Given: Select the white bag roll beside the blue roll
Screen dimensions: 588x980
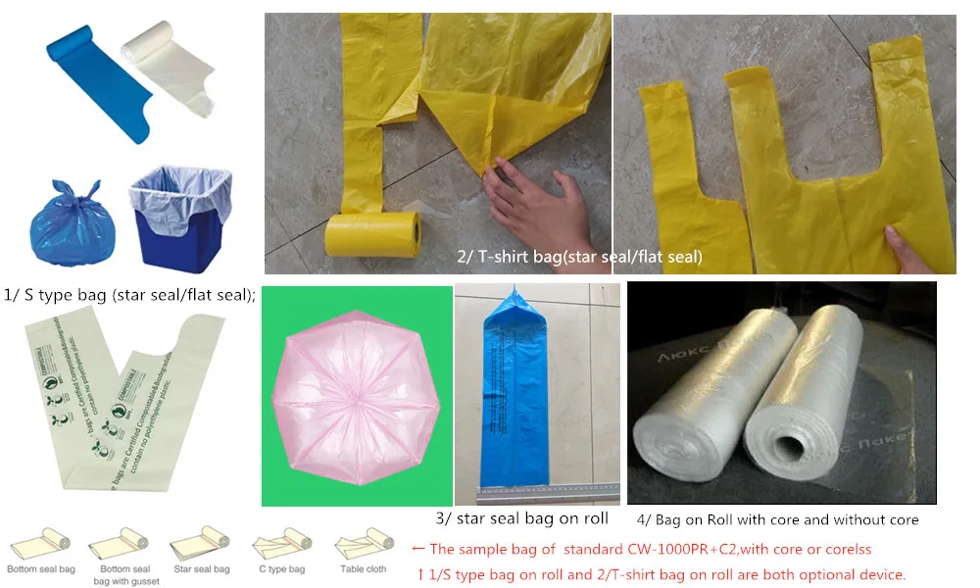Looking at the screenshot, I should click(162, 69).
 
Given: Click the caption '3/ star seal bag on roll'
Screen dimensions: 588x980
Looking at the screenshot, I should click(521, 518).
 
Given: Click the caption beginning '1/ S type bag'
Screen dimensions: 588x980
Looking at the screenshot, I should click(130, 293).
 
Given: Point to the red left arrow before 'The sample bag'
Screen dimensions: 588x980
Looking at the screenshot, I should click(417, 549).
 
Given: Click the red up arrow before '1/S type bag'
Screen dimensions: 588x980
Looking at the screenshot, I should click(420, 574).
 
